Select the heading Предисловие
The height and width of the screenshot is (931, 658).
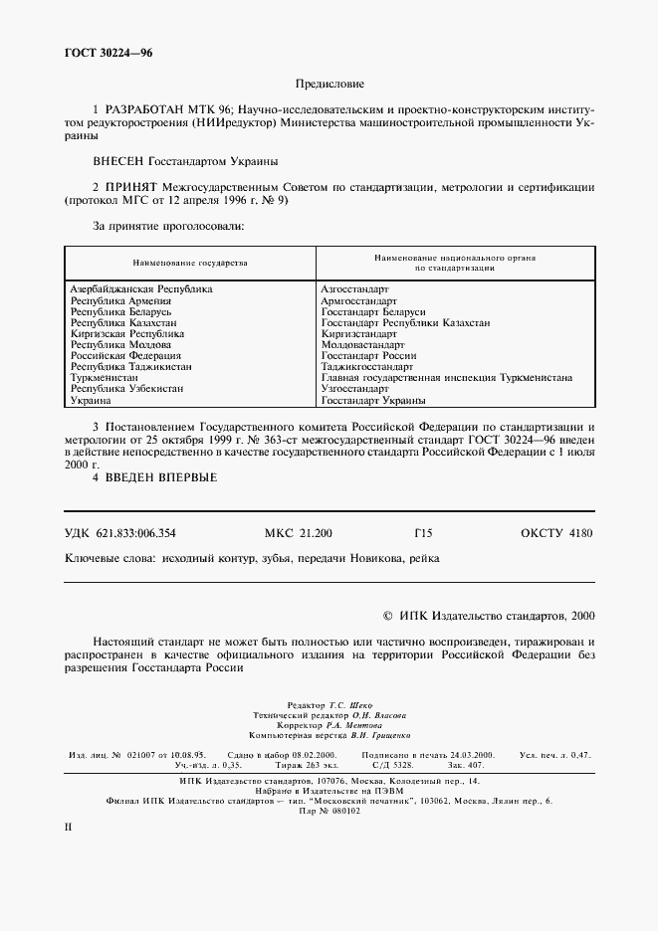329,86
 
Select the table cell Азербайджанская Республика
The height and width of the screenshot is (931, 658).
140,288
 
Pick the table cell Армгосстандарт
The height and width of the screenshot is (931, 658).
358,299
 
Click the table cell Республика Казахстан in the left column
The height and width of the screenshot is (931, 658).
123,322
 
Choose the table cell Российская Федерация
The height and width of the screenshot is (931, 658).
125,355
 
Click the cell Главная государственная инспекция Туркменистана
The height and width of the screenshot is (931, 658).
446,378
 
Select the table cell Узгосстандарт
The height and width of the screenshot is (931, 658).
354,389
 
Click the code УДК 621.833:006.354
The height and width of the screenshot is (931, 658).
126,533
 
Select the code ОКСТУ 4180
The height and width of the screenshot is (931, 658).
555,533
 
